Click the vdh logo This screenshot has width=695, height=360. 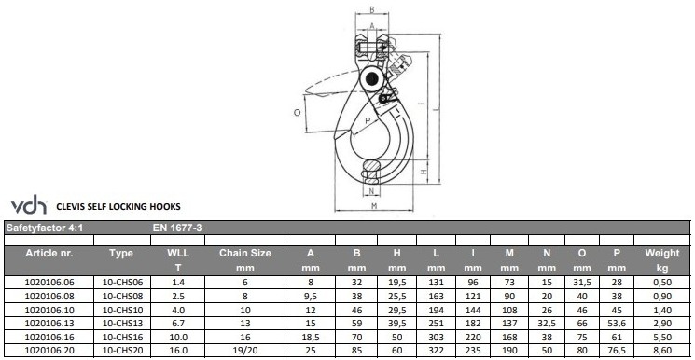click(x=29, y=206)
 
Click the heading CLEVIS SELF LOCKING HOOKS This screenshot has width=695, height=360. click(x=118, y=207)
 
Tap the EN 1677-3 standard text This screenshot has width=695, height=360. click(x=177, y=228)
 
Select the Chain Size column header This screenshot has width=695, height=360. click(x=244, y=253)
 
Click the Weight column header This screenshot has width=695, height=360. click(x=662, y=253)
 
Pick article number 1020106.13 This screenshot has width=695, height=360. click(x=49, y=323)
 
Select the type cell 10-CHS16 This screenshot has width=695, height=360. click(x=123, y=337)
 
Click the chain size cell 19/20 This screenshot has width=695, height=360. click(x=244, y=351)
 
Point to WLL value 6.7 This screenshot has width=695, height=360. click(x=178, y=323)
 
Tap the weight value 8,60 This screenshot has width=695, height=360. click(x=662, y=351)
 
